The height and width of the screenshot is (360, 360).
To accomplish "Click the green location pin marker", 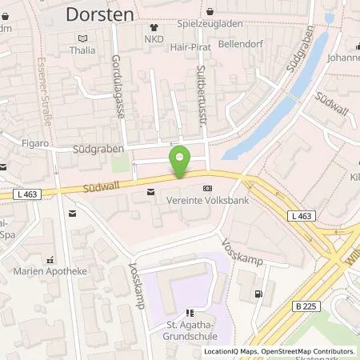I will (180, 162).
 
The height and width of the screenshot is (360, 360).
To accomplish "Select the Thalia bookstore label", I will (82, 50).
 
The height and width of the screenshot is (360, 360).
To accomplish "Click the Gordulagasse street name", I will (121, 86).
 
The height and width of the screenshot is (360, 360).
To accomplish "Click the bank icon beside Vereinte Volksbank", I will (209, 189).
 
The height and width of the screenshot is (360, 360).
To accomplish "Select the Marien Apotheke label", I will (50, 270).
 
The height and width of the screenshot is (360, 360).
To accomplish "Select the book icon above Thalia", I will (82, 38).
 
